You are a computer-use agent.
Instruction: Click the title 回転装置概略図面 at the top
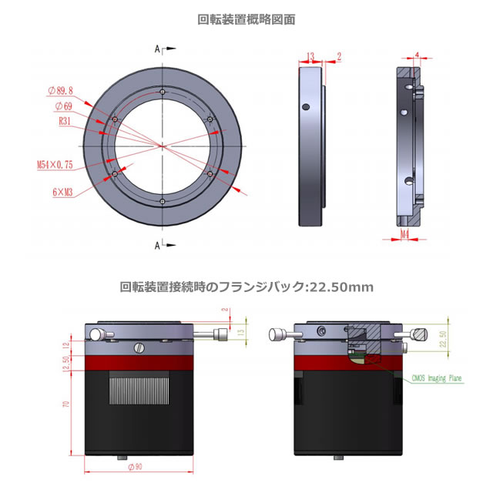coord(246,20)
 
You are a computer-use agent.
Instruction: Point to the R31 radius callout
coord(66,121)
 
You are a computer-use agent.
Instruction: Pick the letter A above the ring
coord(157,49)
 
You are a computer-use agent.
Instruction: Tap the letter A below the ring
coord(157,245)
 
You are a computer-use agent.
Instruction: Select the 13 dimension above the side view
coord(310,56)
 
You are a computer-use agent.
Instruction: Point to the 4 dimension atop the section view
coord(417,55)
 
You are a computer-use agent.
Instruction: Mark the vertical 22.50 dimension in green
coord(442,340)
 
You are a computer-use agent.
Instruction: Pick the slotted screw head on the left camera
coord(139,347)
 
